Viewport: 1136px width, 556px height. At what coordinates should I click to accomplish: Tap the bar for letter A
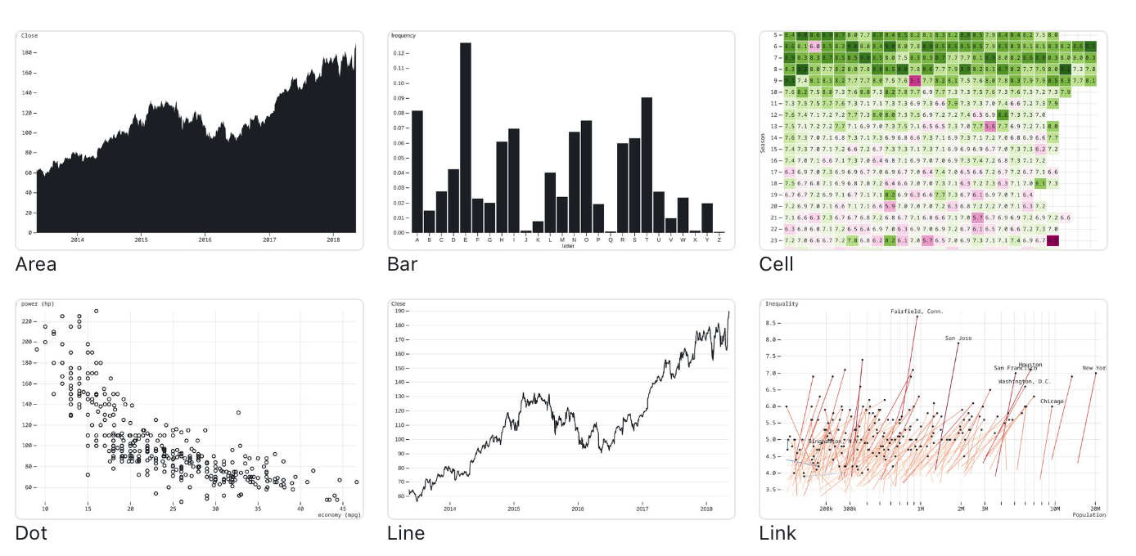[x=417, y=172]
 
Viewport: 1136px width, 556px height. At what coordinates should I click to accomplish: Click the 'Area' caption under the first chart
[x=36, y=264]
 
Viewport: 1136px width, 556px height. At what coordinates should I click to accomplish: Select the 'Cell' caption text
[x=776, y=264]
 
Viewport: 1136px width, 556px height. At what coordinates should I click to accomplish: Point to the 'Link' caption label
[x=778, y=534]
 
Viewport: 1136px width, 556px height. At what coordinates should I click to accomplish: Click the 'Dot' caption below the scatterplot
[x=31, y=534]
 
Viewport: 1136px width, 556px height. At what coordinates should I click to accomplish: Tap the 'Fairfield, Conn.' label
[x=917, y=312]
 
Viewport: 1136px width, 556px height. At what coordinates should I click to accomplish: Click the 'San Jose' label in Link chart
[x=958, y=338]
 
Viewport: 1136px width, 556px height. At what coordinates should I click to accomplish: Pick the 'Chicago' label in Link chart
[x=1052, y=401]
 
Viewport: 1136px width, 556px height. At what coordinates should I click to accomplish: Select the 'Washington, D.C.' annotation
[x=1024, y=382]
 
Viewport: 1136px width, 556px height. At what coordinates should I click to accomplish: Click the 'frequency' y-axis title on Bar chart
[x=403, y=36]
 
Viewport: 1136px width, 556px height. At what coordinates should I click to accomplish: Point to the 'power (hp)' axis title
[x=36, y=304]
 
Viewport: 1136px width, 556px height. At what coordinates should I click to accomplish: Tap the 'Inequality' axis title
[x=782, y=304]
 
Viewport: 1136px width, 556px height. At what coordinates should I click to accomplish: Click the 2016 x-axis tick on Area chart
[x=205, y=240]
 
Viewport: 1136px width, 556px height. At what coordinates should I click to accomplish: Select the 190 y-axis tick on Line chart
[x=400, y=311]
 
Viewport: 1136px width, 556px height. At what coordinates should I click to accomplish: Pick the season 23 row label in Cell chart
[x=773, y=241]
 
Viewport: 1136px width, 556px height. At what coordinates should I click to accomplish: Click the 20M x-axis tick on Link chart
[x=1095, y=509]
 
